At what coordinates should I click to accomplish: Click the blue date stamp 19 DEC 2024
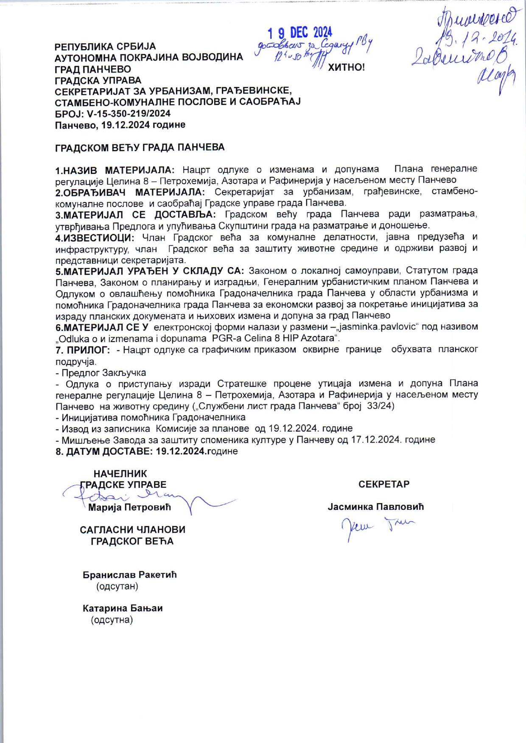[x=300, y=33]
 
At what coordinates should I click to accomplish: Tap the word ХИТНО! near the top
[x=346, y=68]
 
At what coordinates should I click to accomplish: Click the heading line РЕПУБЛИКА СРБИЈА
[x=105, y=46]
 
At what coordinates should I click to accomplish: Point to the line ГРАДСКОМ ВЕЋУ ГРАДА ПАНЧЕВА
[x=140, y=147]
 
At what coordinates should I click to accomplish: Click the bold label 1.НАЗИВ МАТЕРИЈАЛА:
[x=115, y=170]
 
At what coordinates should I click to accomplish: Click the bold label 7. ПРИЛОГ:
[x=83, y=350]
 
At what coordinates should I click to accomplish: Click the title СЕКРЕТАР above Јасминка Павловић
[x=384, y=484]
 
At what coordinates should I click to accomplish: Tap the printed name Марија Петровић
[x=129, y=507]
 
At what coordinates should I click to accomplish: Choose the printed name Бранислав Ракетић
[x=129, y=575]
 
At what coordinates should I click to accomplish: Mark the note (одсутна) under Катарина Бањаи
[x=112, y=620]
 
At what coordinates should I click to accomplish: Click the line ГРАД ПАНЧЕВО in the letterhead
[x=93, y=69]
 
